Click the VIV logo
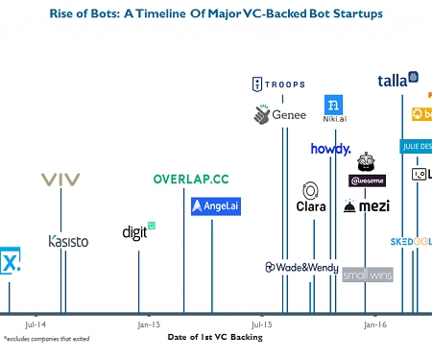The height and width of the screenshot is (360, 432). (x=61, y=179)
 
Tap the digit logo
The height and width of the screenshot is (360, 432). (x=138, y=231)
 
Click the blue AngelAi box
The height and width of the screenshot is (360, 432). (x=214, y=205)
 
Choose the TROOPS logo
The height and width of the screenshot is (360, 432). (x=277, y=84)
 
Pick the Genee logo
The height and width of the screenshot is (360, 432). (x=279, y=114)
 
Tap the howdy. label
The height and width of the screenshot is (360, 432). (x=330, y=149)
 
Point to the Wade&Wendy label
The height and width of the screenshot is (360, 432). (x=300, y=267)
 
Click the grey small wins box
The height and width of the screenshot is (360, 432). (x=367, y=275)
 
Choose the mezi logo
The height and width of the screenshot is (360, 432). (x=366, y=206)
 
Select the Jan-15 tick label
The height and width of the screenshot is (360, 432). (x=149, y=324)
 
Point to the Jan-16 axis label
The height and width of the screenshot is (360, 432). (x=375, y=324)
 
